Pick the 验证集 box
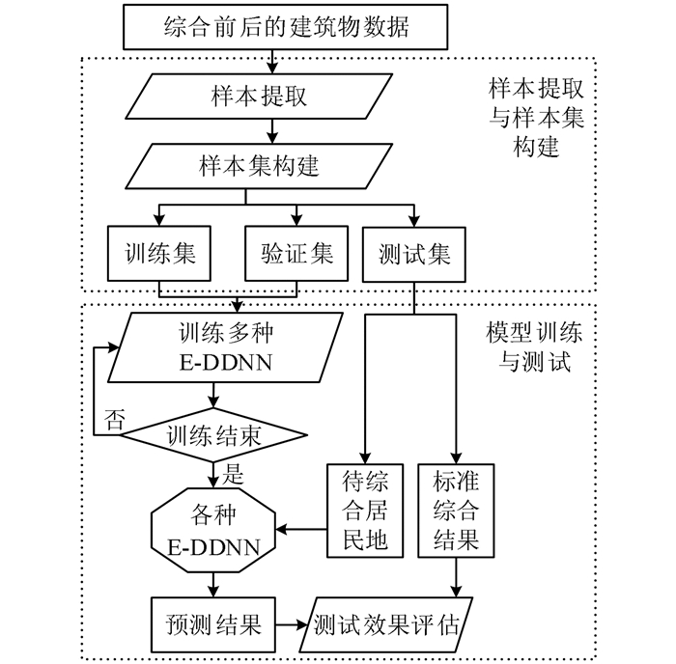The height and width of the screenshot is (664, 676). tap(296, 254)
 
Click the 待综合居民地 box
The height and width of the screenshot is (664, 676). tap(364, 512)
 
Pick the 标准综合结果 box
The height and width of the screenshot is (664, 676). tap(455, 512)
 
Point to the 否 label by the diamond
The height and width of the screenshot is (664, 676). tap(114, 419)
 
